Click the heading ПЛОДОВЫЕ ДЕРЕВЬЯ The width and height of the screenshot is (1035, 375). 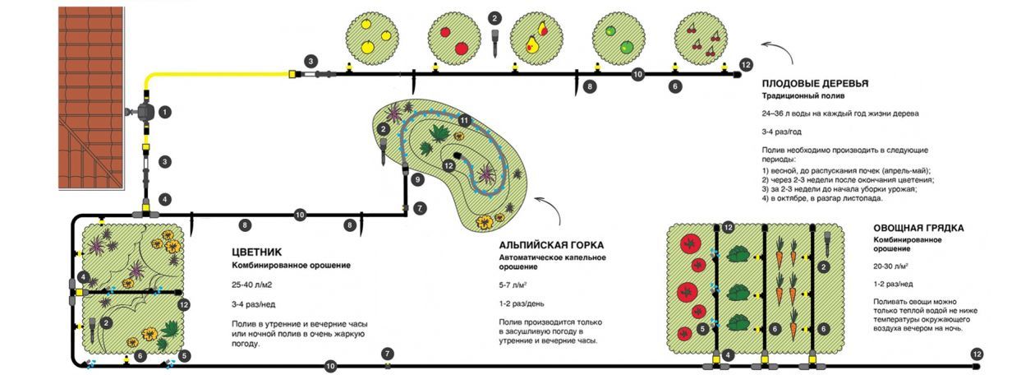click(x=815, y=84)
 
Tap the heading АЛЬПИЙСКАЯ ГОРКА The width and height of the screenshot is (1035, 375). click(x=551, y=245)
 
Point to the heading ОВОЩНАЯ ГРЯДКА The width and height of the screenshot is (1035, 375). click(x=918, y=228)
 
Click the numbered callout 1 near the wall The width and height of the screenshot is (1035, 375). click(x=165, y=111)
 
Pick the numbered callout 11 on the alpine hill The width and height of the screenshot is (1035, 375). click(x=464, y=121)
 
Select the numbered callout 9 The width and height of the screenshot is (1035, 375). click(x=417, y=178)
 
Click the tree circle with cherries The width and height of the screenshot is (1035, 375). click(x=701, y=36)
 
